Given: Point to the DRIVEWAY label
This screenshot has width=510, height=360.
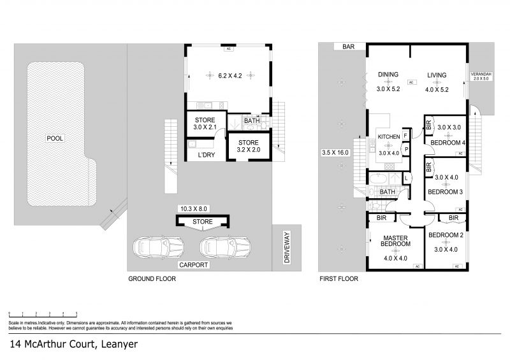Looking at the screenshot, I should pos(287,247).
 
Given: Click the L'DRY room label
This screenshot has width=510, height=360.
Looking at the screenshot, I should pos(205,155).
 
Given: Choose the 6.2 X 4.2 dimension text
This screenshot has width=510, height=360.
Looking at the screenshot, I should pos(231,76).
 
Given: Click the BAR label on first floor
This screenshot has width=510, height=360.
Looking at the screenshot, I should pos(348,47).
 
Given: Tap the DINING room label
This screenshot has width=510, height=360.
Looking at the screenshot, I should pos(388,75).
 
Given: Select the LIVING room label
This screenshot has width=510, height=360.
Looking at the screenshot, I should pos(437,75).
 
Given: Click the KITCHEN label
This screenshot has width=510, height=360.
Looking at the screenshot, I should pos(389,137).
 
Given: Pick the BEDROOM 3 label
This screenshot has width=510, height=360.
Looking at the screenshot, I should pos(444,192).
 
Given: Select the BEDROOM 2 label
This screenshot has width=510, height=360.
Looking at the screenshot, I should pos(446,235).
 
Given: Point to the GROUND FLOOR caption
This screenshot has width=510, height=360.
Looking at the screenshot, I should pos(152,278).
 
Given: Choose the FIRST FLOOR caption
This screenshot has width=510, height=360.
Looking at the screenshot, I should pos(339,278).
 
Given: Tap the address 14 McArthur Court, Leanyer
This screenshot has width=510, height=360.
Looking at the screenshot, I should pos(74,345).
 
